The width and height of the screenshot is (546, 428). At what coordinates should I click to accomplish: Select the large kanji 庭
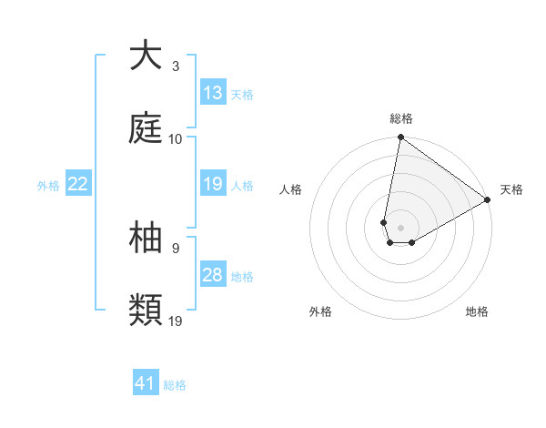[146, 128]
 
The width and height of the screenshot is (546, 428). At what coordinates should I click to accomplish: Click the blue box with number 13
[213, 93]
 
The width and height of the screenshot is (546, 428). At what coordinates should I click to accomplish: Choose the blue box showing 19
[213, 184]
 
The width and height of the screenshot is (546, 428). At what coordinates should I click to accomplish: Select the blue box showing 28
[213, 275]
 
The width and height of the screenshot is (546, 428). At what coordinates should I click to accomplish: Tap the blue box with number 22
[78, 184]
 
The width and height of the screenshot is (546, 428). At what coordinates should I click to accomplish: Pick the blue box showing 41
[146, 383]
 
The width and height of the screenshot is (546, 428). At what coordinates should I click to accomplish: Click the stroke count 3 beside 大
[176, 66]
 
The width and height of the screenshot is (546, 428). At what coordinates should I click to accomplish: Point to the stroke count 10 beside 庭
[176, 139]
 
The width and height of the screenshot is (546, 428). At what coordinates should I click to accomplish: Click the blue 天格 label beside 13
[242, 94]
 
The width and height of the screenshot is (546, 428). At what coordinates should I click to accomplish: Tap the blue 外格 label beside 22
[48, 185]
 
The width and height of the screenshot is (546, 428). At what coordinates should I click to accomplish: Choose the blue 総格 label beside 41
[175, 384]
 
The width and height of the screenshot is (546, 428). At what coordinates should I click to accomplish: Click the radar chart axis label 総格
[401, 118]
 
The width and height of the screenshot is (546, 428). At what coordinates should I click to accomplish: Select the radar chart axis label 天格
[511, 189]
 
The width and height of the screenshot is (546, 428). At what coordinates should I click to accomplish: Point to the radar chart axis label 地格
[477, 311]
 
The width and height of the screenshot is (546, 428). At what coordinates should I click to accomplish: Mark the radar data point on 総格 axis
[400, 138]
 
